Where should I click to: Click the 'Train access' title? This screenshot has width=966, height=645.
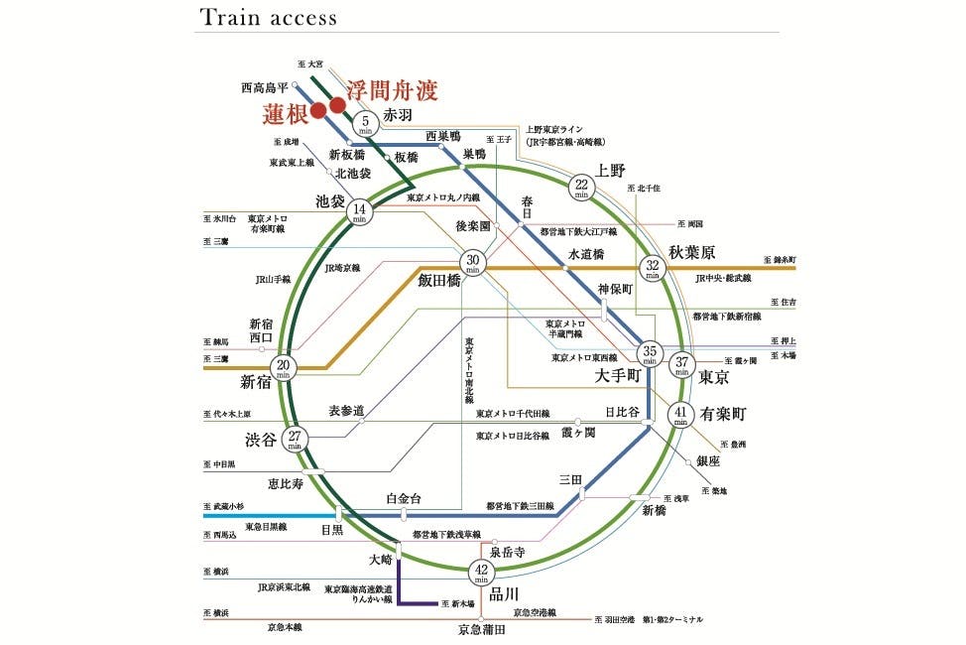click(268, 18)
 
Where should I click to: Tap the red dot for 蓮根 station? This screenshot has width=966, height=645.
click(317, 110)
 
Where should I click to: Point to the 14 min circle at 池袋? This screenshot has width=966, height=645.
click(360, 212)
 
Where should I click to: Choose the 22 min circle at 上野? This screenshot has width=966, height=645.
click(582, 187)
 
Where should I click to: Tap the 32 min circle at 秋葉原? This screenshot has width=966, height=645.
click(653, 268)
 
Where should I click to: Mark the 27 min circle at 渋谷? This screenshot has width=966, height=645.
click(295, 440)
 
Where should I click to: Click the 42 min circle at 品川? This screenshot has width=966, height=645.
click(481, 573)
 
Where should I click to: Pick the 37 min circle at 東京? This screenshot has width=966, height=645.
click(680, 364)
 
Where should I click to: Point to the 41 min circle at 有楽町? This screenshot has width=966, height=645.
click(680, 415)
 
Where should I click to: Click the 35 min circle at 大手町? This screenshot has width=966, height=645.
click(650, 354)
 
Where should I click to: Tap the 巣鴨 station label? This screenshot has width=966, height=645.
click(475, 155)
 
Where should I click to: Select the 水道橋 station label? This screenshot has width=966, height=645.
click(586, 255)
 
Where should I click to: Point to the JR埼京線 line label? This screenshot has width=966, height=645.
click(342, 268)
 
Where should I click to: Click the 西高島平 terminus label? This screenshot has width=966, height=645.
click(265, 87)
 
